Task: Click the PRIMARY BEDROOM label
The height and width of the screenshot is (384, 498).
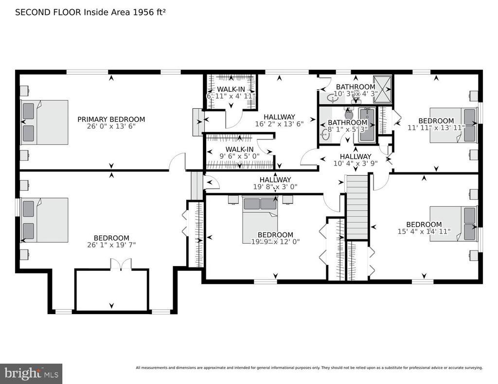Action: coord(111,119)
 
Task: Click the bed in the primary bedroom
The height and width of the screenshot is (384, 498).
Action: coord(44,122)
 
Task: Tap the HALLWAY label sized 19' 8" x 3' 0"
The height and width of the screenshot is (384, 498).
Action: coord(275,179)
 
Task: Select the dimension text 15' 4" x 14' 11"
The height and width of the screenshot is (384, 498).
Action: coord(424,232)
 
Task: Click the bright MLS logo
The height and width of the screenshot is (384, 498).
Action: coord(31,373)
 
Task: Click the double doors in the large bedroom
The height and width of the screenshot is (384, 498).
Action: coord(121,264)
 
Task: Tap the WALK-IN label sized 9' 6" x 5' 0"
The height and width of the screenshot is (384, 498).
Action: coord(239,149)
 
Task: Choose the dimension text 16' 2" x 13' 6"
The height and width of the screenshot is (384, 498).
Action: coord(279,124)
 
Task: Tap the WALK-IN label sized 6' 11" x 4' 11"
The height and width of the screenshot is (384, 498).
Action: coord(231,89)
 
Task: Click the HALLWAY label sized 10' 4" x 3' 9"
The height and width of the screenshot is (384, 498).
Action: coord(356,156)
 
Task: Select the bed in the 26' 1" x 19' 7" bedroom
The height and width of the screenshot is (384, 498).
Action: coord(44,220)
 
